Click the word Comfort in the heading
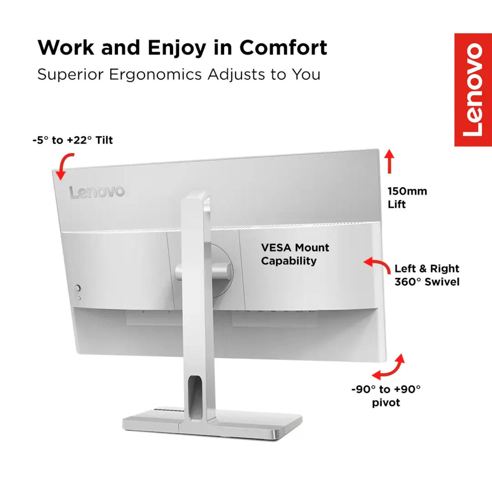pos(283,48)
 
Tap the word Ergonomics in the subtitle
pos(155,75)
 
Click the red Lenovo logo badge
pos(473,90)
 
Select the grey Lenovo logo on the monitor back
pos(97,192)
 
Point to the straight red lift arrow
pos(389,161)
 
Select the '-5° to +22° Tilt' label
pos(73,140)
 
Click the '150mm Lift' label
pos(407,198)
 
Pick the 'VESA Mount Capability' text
pos(295,254)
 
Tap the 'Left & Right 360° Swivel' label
pos(427,275)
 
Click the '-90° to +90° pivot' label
pos(386,396)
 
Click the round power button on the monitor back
pos(78,288)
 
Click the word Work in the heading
pos(66,48)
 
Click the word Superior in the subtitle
pos(71,75)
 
